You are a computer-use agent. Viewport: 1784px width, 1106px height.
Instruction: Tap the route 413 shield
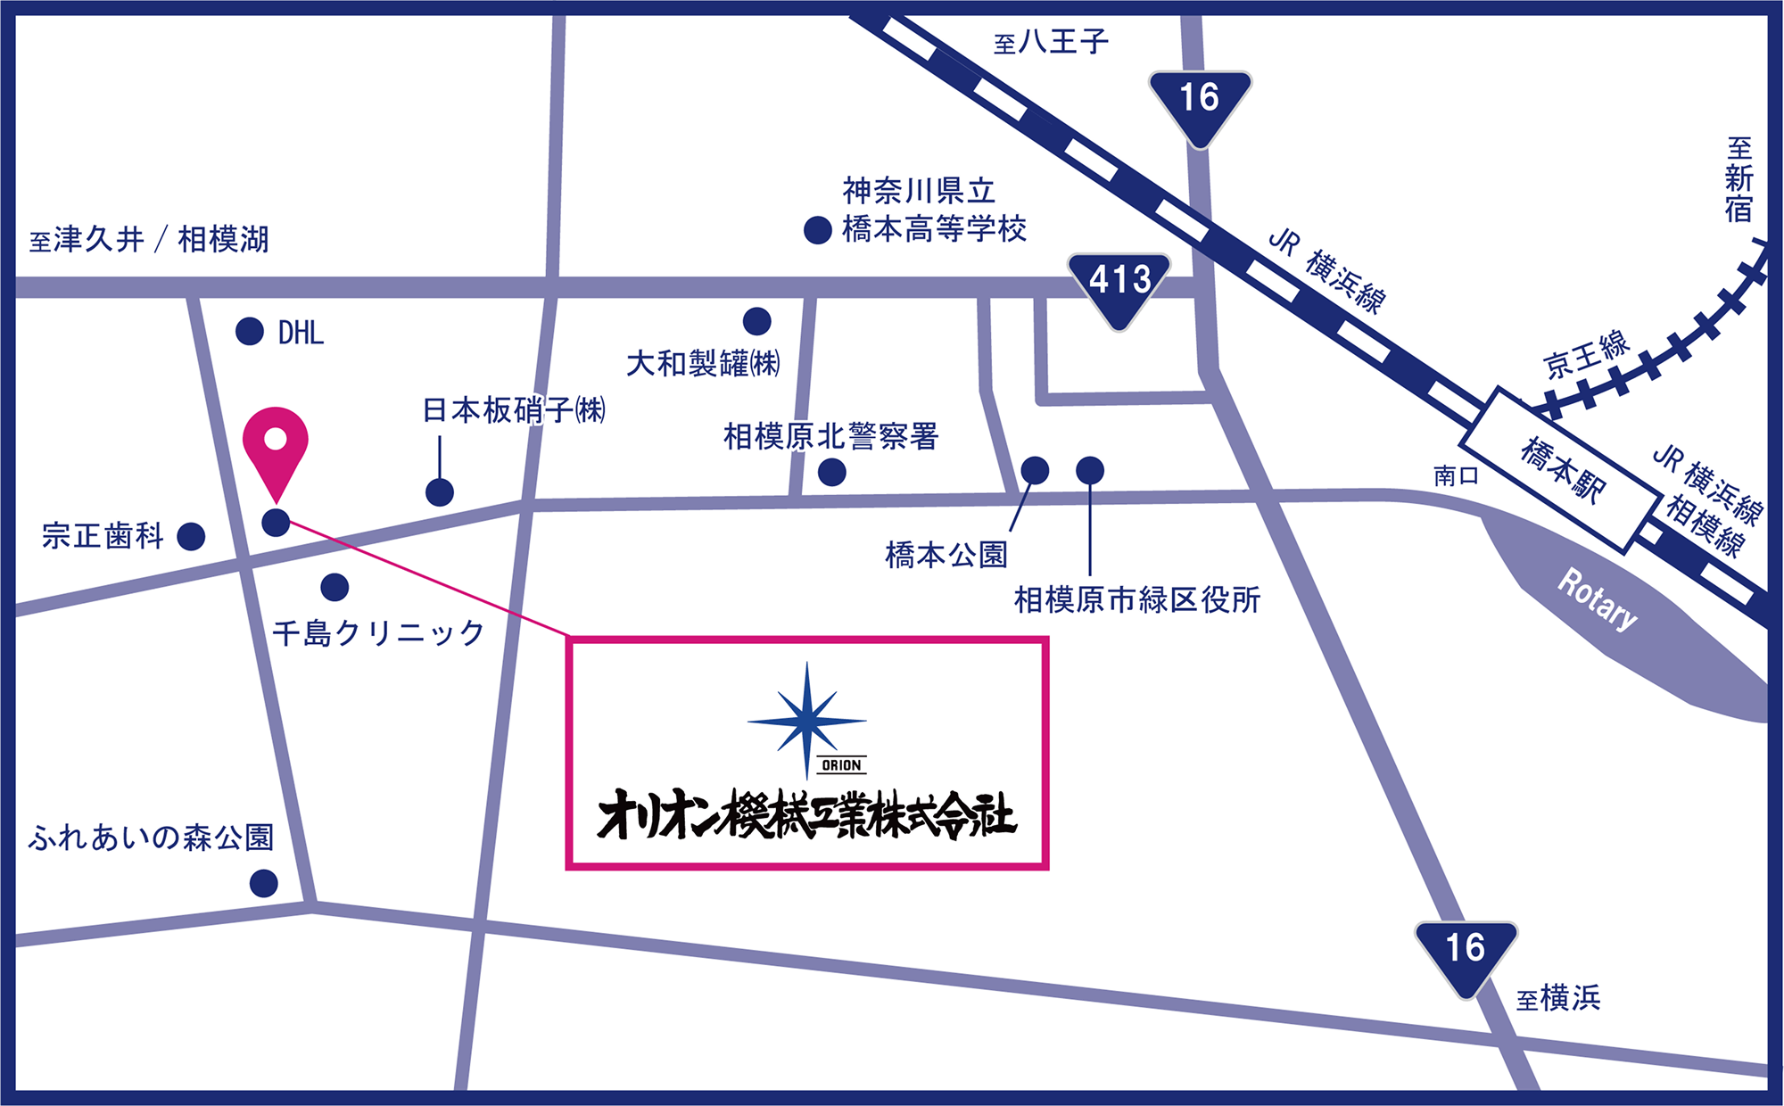pyautogui.click(x=1119, y=285)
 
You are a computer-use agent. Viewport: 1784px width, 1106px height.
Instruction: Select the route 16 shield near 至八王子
pyautogui.click(x=1200, y=103)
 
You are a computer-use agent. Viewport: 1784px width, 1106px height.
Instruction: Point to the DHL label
pyautogui.click(x=301, y=333)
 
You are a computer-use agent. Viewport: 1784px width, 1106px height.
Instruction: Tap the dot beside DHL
pyautogui.click(x=250, y=332)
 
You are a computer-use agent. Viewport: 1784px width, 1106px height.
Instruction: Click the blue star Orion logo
pyautogui.click(x=807, y=721)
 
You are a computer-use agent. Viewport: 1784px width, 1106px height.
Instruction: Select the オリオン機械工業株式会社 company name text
pyautogui.click(x=806, y=815)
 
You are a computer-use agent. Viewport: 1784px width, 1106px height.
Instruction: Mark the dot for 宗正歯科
pyautogui.click(x=191, y=536)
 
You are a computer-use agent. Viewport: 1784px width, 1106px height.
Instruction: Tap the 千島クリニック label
pyautogui.click(x=378, y=633)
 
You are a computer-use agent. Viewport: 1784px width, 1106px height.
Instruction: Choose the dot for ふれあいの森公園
pyautogui.click(x=263, y=883)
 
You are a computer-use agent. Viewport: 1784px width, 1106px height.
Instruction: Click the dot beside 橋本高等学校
pyautogui.click(x=818, y=230)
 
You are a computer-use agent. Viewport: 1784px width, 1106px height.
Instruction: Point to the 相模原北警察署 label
pyautogui.click(x=830, y=437)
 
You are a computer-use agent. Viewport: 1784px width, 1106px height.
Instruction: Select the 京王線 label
pyautogui.click(x=1587, y=354)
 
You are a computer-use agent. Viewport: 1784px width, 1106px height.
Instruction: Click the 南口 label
pyautogui.click(x=1456, y=475)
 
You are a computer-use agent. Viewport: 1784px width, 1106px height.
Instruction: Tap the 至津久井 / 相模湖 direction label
pyautogui.click(x=149, y=239)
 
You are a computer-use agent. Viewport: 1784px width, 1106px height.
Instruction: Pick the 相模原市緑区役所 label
pyautogui.click(x=1137, y=600)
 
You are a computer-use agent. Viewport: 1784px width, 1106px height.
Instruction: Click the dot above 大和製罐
pyautogui.click(x=756, y=321)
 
